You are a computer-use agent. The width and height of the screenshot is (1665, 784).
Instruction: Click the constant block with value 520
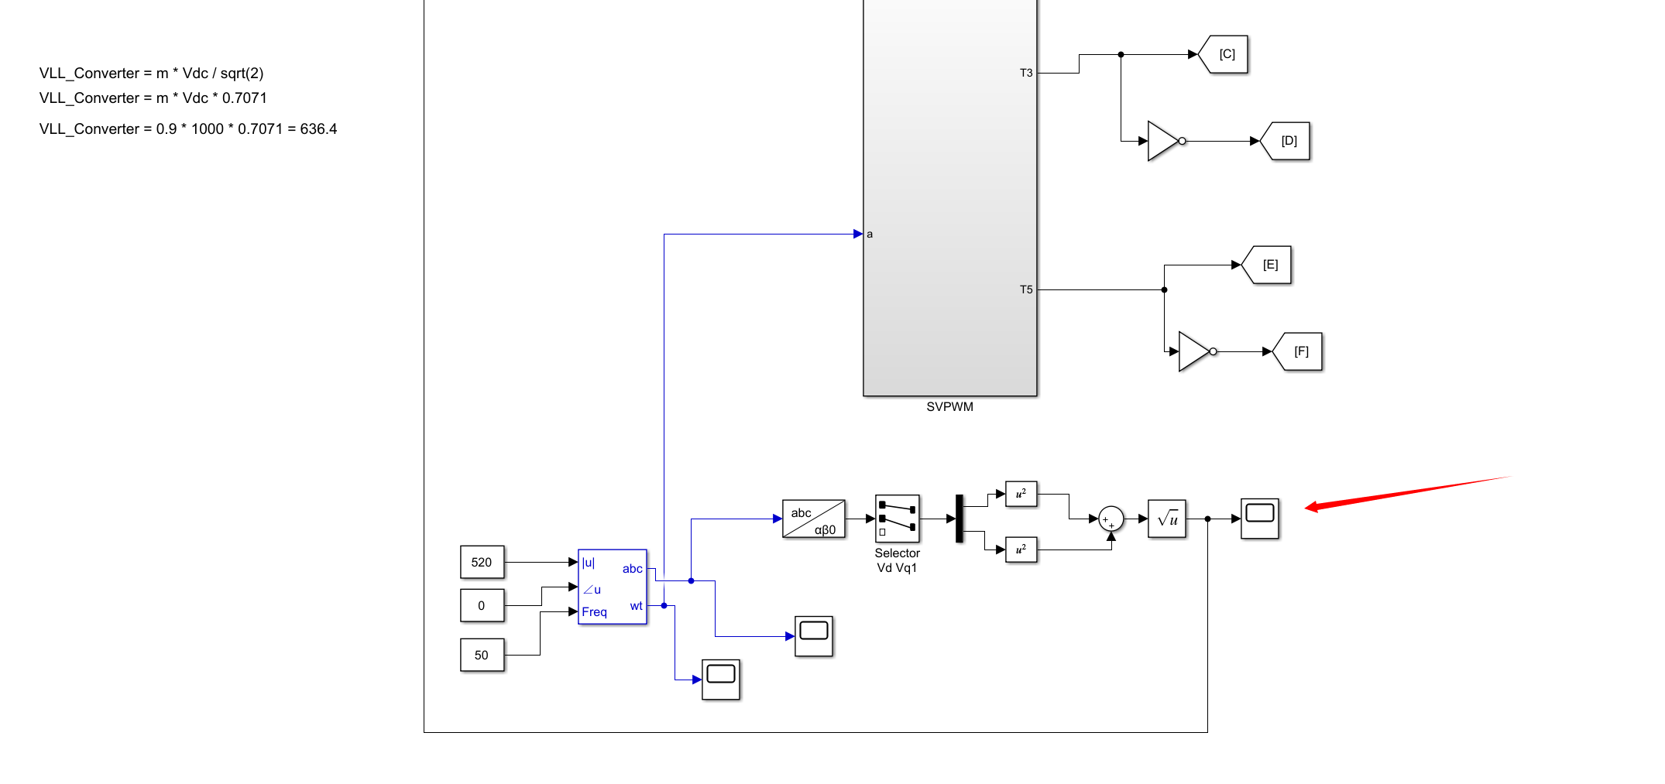pyautogui.click(x=482, y=562)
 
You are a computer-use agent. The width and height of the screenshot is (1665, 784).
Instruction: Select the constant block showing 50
pyautogui.click(x=482, y=655)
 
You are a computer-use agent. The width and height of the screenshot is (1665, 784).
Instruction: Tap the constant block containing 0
pyautogui.click(x=482, y=605)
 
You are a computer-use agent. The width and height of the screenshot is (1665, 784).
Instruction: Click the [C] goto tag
pyautogui.click(x=1225, y=54)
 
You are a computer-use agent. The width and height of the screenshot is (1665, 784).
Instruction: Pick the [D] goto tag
pyautogui.click(x=1287, y=141)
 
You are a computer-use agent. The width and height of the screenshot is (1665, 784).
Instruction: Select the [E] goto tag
pyautogui.click(x=1268, y=265)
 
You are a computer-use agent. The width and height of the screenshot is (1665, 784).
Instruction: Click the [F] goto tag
pyautogui.click(x=1299, y=351)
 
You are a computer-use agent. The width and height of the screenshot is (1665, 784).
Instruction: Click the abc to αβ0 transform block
pyautogui.click(x=813, y=519)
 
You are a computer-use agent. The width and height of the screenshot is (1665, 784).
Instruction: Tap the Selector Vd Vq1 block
pyautogui.click(x=897, y=519)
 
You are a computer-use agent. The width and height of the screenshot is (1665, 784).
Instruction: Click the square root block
pyautogui.click(x=1166, y=519)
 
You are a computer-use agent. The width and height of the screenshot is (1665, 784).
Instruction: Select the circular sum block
pyautogui.click(x=1111, y=519)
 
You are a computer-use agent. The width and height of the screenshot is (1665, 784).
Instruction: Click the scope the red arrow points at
pyautogui.click(x=1259, y=519)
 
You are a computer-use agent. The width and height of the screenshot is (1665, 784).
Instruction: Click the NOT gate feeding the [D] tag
pyautogui.click(x=1163, y=141)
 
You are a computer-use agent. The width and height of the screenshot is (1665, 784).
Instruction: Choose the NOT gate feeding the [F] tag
pyautogui.click(x=1194, y=351)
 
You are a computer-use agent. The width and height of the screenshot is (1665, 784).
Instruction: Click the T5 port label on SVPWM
pyautogui.click(x=1026, y=289)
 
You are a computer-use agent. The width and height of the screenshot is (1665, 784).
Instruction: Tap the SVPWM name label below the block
pyautogui.click(x=949, y=407)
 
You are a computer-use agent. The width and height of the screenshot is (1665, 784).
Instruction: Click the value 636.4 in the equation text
pyautogui.click(x=318, y=129)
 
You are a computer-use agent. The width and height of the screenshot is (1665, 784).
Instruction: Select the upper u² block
pyautogui.click(x=1021, y=494)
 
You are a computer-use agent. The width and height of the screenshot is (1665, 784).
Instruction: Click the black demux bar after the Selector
pyautogui.click(x=960, y=519)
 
